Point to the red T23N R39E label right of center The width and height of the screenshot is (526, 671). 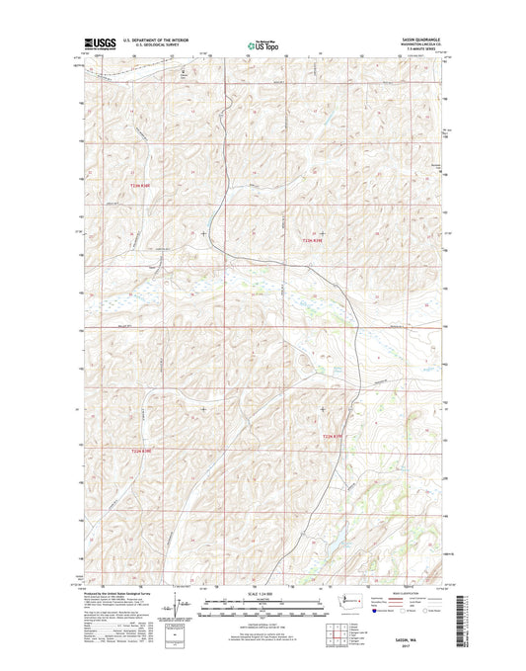click(312, 240)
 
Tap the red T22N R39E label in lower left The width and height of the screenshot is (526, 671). click(142, 452)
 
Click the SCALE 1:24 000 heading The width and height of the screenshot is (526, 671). click(263, 592)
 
